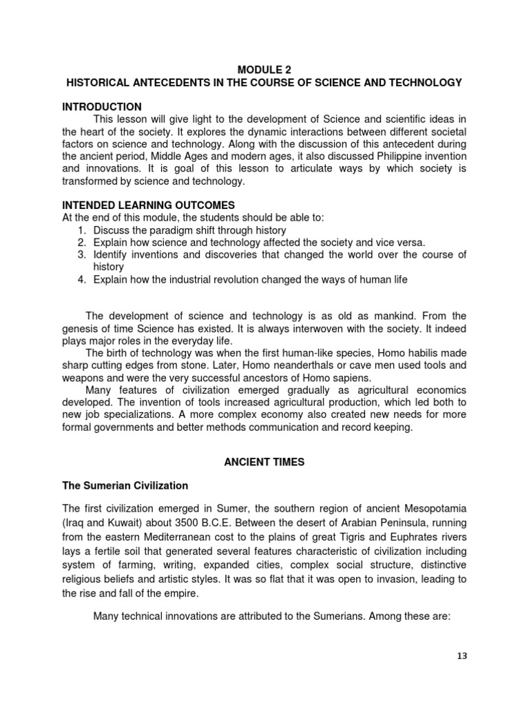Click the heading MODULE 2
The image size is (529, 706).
(264, 70)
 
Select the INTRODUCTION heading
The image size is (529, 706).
(102, 107)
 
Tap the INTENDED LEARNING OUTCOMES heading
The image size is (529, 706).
(149, 205)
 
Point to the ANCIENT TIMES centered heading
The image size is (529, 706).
(264, 462)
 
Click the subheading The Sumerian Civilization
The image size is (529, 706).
(125, 485)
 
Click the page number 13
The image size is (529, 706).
(461, 656)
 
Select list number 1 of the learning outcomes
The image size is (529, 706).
(81, 230)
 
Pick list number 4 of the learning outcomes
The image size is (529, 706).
(81, 280)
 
